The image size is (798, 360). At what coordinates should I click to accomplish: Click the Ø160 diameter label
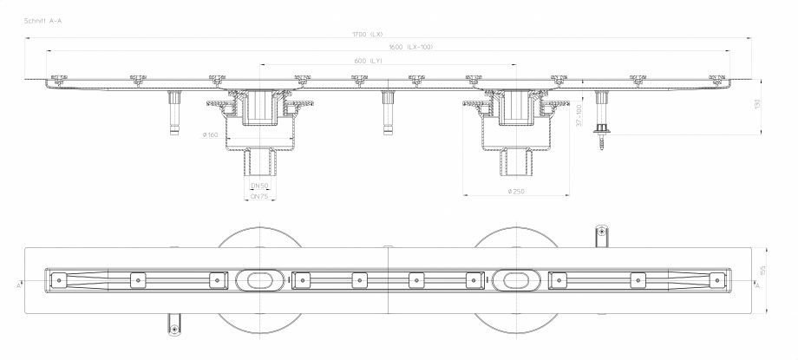(211, 134)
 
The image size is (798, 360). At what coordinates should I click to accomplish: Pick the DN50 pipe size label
(259, 186)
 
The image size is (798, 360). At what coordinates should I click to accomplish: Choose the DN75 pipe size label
(259, 197)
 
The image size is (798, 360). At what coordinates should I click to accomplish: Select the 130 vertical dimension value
(757, 105)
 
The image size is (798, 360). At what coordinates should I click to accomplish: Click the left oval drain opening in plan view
(258, 279)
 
